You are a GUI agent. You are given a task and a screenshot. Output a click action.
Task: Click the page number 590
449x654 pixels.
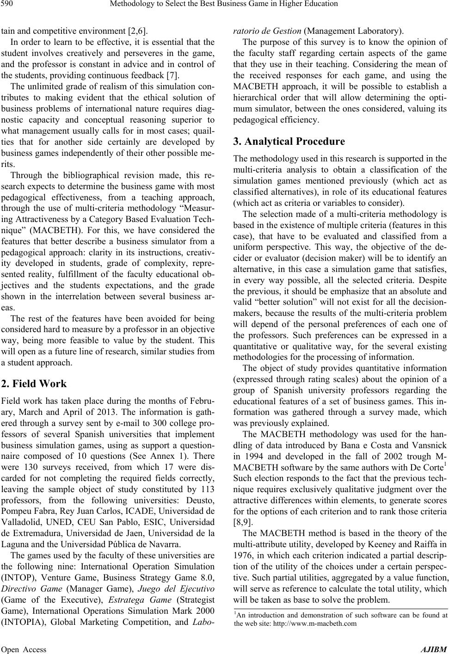pyautogui.click(x=9, y=5)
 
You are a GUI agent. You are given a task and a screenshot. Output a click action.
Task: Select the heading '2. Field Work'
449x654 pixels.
pyautogui.click(x=34, y=383)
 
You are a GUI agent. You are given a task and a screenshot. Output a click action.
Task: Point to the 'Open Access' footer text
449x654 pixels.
pyautogui.click(x=24, y=649)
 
